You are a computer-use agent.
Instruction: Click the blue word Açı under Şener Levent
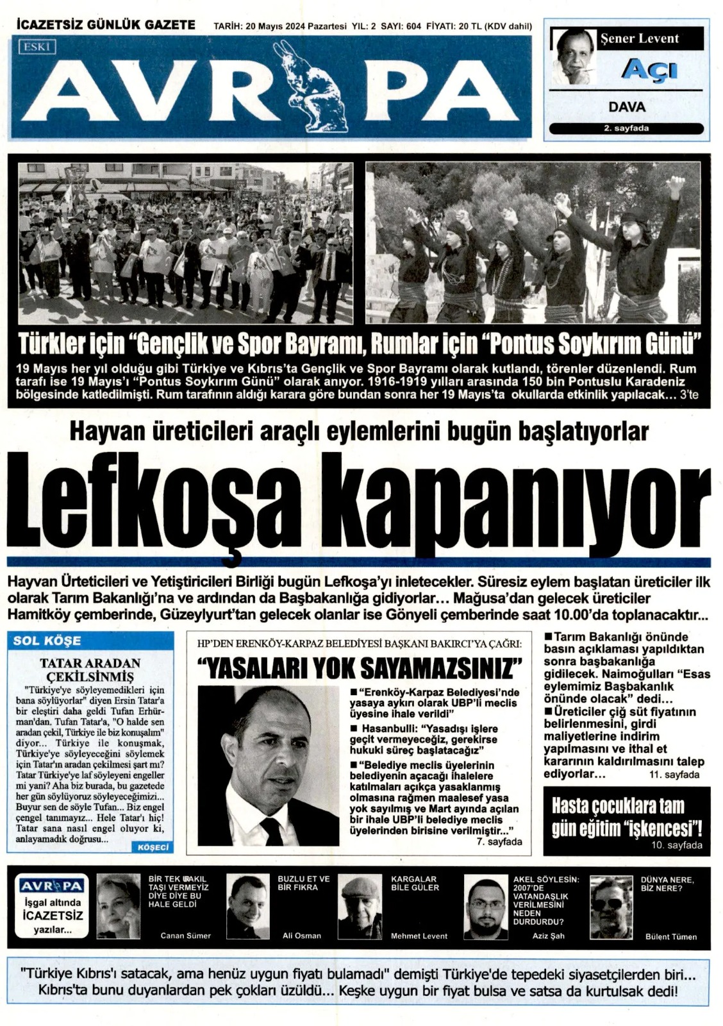pyautogui.click(x=649, y=68)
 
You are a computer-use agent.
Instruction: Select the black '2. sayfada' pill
pyautogui.click(x=626, y=128)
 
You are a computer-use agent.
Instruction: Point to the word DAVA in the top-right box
pyautogui.click(x=626, y=107)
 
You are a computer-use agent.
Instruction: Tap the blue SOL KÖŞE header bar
pyautogui.click(x=90, y=641)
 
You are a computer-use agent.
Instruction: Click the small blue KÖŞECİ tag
pyautogui.click(x=153, y=847)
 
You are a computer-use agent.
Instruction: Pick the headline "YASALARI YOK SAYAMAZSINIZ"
pyautogui.click(x=360, y=668)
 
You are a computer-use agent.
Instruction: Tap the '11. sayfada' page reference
pyautogui.click(x=674, y=775)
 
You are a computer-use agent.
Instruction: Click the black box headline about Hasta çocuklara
pyautogui.click(x=626, y=818)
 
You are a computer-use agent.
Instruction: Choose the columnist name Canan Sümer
pyautogui.click(x=185, y=936)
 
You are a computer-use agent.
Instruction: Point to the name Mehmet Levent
pyautogui.click(x=419, y=936)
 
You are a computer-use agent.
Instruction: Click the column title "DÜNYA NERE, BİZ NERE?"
pyautogui.click(x=667, y=884)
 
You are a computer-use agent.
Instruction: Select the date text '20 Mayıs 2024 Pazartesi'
pyautogui.click(x=294, y=26)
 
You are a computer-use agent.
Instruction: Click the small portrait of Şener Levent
pyautogui.click(x=572, y=56)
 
